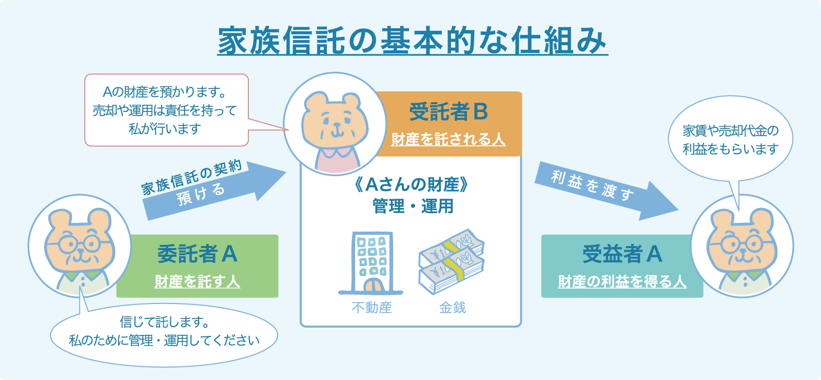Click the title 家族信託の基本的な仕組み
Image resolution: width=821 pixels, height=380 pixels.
pos(412,41)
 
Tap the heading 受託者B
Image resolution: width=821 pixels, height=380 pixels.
pos(448,112)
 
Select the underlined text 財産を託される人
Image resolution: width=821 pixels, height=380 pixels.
pos(448,139)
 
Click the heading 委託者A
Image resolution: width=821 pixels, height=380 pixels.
pos(197,254)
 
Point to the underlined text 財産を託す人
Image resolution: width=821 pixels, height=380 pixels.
pos(197,281)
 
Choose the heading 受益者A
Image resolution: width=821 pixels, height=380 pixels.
pos(622,254)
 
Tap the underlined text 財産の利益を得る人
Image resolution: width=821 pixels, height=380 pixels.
pos(622,281)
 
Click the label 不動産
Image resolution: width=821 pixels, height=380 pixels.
pos(372,308)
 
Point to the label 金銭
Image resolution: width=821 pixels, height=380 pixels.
pos(452,308)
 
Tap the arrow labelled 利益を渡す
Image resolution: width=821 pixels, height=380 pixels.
pos(605,191)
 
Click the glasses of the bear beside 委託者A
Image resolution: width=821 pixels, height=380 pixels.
pos(80,243)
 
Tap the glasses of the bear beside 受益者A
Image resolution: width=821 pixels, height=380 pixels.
pos(742,243)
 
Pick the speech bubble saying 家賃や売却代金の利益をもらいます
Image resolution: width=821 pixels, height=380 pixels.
pos(730,140)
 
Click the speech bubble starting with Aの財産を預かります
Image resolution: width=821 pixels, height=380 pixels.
pos(166,110)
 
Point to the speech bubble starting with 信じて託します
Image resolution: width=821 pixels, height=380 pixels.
pos(164,332)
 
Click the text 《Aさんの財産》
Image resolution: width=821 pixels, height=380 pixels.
pos(412,184)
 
